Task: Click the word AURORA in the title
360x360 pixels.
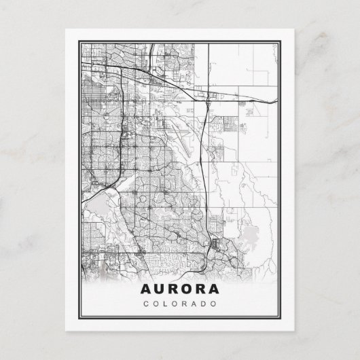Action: click(x=180, y=289)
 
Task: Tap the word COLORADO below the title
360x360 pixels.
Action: click(x=180, y=304)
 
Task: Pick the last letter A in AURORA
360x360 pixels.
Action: click(x=215, y=289)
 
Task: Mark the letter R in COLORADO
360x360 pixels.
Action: click(x=184, y=304)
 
